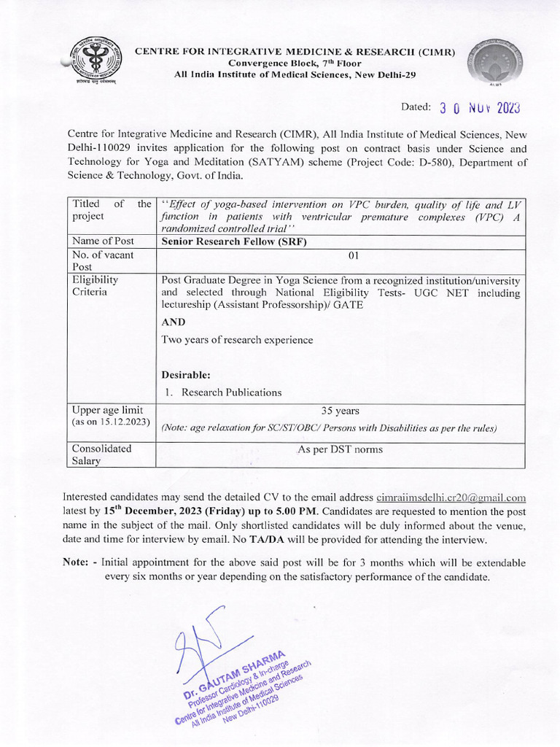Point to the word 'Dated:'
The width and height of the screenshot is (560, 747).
416,107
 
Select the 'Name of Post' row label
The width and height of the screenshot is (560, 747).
100,241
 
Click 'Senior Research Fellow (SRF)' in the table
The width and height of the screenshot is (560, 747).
225,241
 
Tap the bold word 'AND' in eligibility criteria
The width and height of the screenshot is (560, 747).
174,322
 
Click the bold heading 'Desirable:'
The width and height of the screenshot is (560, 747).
186,375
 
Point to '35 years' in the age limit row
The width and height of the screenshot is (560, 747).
340,411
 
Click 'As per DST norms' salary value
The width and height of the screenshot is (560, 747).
340,449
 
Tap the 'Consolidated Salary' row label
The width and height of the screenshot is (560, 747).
101,455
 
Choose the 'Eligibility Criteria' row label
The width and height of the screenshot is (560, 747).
95,285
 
